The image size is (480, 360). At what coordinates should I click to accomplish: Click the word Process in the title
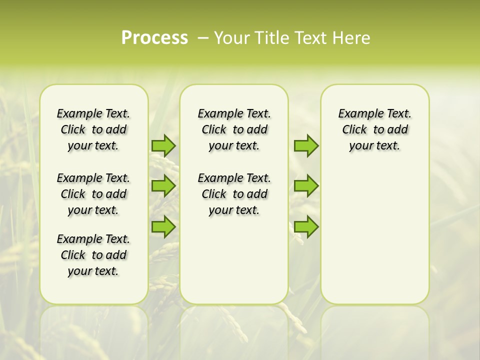point(154,38)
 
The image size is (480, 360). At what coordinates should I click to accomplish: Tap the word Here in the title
point(351,38)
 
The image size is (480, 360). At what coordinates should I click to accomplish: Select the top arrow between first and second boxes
point(163,145)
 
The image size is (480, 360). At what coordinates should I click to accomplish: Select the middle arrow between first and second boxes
point(163,186)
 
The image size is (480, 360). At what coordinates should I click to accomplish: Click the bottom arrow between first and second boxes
point(163,226)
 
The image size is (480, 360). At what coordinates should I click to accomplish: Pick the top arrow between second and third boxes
point(306,145)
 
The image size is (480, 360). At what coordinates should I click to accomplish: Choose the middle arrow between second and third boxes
point(306,186)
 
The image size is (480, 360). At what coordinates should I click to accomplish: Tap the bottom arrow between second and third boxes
point(306,226)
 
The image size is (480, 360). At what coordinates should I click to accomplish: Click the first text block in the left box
point(93,129)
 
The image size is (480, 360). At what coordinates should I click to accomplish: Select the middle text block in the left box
point(93,194)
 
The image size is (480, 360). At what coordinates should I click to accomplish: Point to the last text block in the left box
point(93,255)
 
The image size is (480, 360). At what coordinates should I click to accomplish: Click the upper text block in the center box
point(234,129)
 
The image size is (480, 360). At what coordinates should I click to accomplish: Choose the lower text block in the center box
point(234,194)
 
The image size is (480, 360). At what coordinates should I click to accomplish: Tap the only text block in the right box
point(374,129)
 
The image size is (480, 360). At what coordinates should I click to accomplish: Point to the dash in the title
point(203,38)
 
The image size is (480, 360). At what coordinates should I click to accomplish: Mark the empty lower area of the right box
point(374,235)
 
